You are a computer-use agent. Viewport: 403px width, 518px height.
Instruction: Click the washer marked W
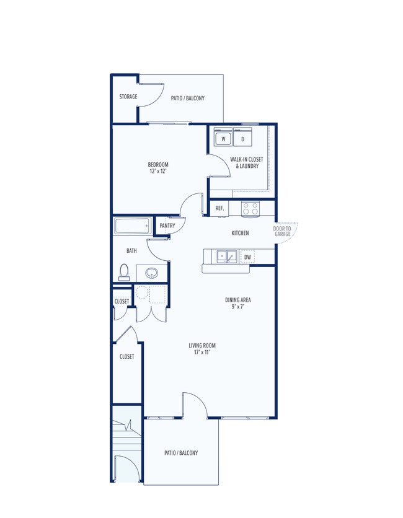tap(223, 137)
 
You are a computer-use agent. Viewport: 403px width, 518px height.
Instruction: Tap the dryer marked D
tap(242, 137)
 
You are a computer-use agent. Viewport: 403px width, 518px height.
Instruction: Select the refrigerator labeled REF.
tap(219, 208)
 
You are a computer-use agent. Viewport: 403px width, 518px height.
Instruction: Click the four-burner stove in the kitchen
tap(250, 209)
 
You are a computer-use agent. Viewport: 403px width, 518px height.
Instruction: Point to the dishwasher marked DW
tap(247, 257)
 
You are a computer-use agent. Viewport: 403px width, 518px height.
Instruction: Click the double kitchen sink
tap(227, 257)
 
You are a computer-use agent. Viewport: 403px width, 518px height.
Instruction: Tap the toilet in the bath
tap(124, 272)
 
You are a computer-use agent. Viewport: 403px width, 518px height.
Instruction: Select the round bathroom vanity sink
tap(152, 273)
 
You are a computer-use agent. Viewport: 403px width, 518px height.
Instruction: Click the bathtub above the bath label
tap(133, 226)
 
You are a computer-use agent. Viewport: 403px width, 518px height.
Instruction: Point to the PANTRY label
tap(167, 226)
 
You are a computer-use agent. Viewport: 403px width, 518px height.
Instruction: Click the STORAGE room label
tap(128, 97)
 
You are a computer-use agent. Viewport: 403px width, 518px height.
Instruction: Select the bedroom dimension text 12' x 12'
tap(159, 171)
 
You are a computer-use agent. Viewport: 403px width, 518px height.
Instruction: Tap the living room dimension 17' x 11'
tap(202, 352)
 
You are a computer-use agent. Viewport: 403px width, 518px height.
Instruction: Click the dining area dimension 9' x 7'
tap(238, 307)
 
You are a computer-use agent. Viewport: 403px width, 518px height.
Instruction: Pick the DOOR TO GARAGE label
tap(282, 231)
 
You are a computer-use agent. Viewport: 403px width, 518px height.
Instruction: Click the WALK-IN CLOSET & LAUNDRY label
tap(247, 162)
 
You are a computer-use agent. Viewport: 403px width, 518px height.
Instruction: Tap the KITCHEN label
tap(240, 233)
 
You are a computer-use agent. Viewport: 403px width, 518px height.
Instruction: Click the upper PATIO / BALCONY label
tap(187, 98)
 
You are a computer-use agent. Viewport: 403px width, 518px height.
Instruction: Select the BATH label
tap(131, 251)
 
